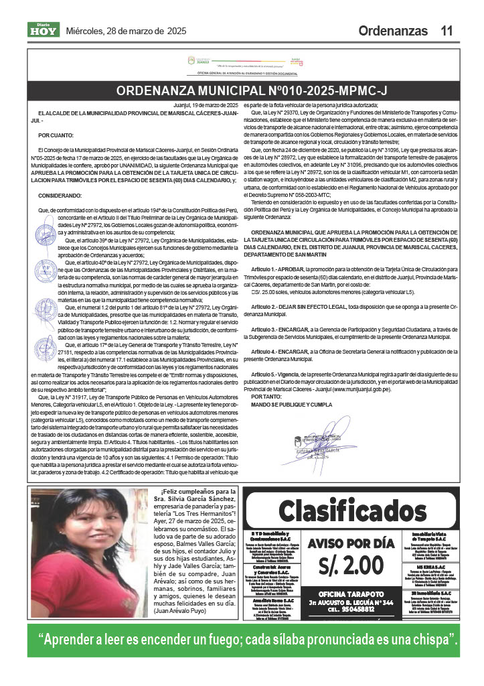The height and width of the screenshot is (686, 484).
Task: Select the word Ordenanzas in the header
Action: pos(392,31)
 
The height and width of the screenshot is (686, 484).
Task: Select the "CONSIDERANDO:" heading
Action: pos(60,195)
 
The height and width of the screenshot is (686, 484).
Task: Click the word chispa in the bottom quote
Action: pos(428,639)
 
